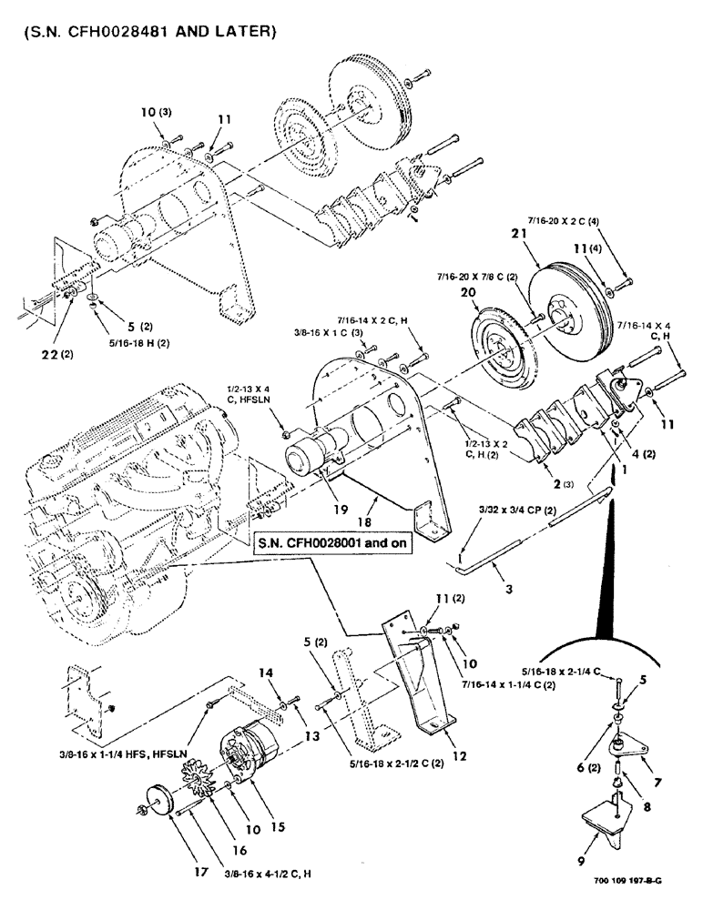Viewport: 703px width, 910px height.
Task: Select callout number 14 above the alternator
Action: pyautogui.click(x=265, y=673)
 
